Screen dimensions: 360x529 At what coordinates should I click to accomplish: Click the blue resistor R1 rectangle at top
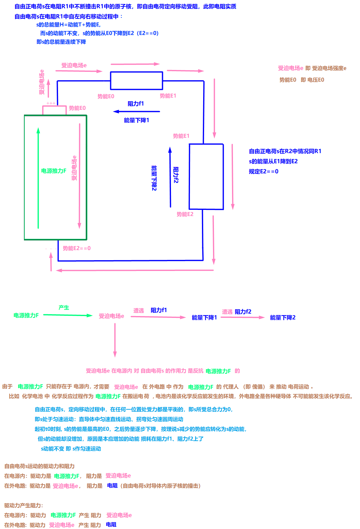136,81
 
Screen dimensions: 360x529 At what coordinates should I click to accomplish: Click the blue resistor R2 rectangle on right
206,177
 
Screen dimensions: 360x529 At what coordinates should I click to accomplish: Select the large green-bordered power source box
56,177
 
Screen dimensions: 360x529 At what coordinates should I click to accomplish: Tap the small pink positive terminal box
54,110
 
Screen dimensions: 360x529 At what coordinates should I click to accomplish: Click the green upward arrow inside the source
38,178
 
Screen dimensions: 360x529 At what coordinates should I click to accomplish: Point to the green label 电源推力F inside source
54,171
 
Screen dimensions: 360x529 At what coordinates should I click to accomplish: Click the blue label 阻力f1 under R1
136,104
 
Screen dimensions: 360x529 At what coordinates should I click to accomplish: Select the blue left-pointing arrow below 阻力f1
136,111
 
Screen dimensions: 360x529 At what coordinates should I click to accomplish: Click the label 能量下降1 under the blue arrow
137,120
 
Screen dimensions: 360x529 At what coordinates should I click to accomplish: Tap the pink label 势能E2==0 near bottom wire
77,248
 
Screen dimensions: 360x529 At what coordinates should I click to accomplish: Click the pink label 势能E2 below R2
185,214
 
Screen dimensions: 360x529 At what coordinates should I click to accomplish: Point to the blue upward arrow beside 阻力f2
170,177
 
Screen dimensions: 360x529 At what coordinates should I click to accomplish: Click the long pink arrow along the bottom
135,270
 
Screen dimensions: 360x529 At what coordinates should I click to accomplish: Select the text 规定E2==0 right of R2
264,172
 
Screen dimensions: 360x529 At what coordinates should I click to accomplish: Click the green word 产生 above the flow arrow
64,307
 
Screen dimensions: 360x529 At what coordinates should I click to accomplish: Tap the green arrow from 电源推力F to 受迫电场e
68,315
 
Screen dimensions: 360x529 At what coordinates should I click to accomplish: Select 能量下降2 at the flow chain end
283,318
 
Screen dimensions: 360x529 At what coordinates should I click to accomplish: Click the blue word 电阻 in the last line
111,524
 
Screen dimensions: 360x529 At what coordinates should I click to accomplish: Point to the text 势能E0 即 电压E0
302,80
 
